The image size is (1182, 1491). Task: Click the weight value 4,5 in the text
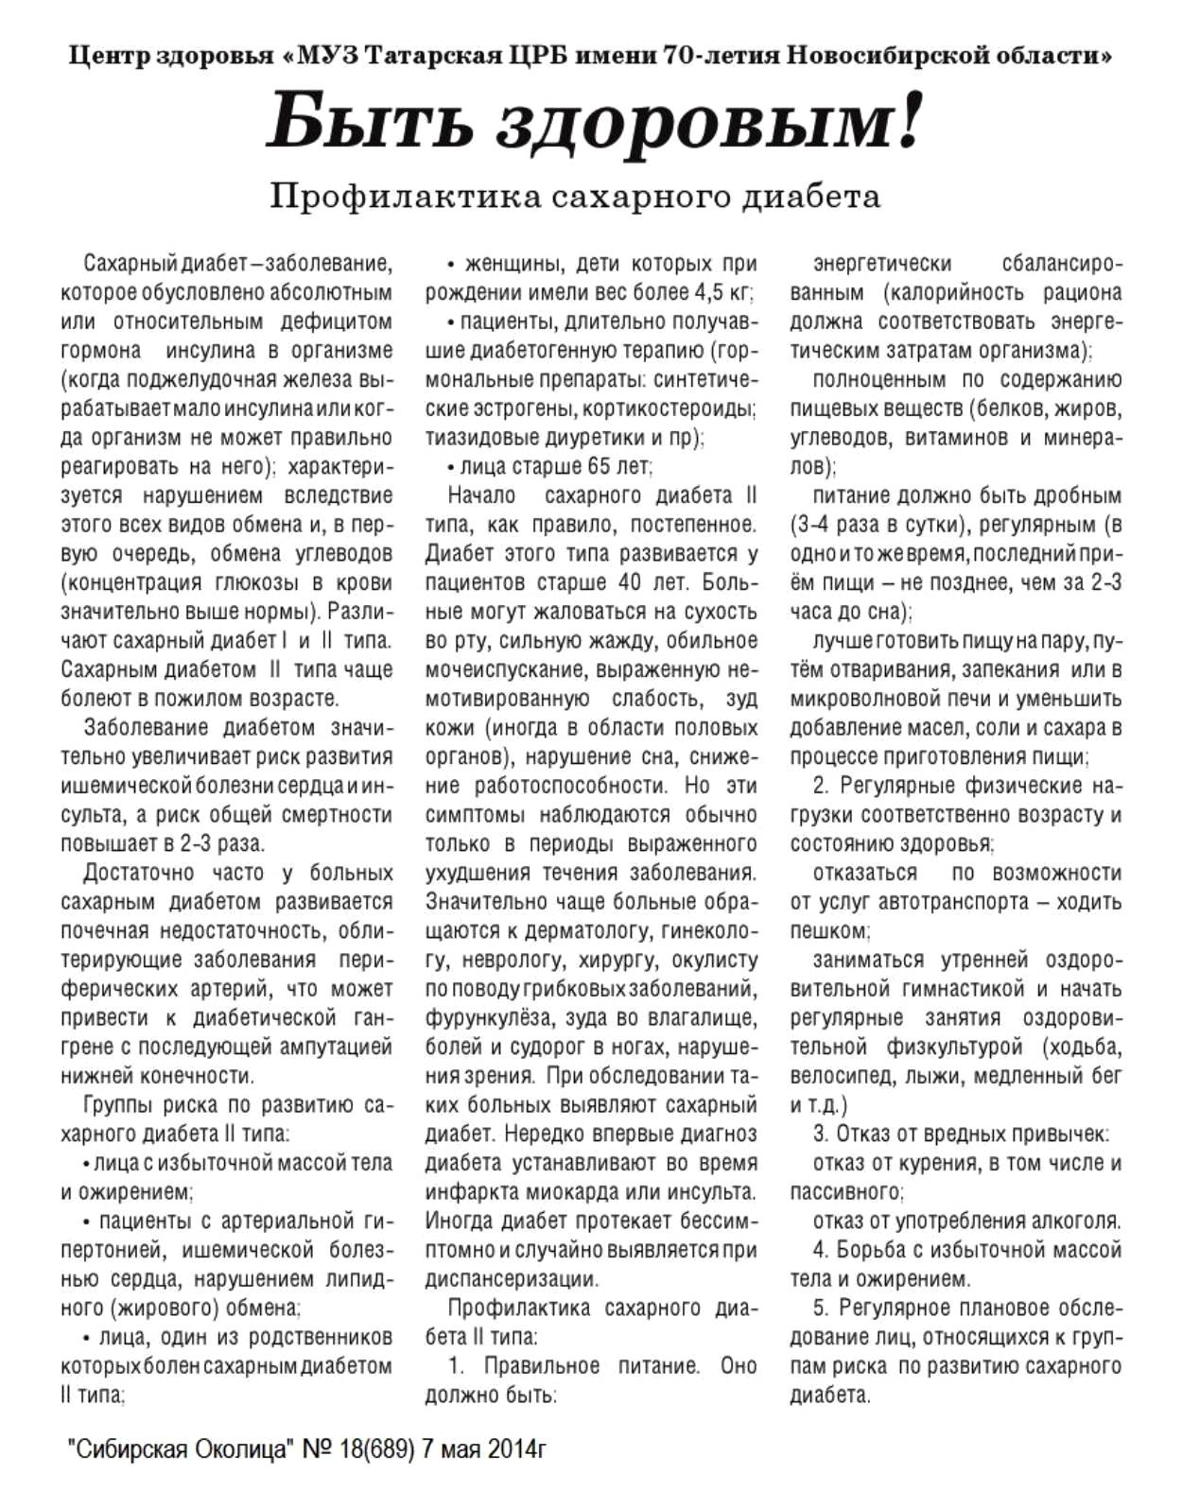[708, 292]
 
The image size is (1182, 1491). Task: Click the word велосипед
[842, 1076]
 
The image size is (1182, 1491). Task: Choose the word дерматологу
[592, 931]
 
